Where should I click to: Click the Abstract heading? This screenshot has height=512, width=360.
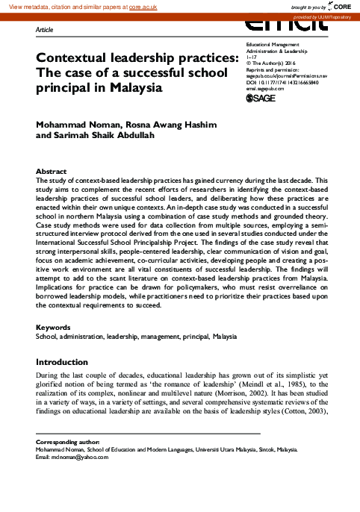52,172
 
